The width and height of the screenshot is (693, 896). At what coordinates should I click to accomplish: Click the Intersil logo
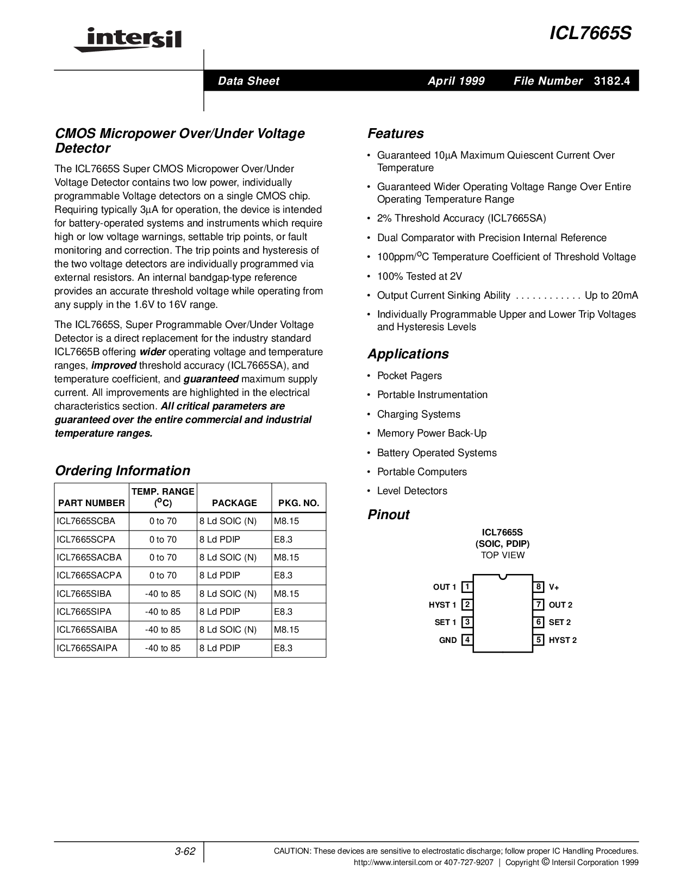click(x=128, y=40)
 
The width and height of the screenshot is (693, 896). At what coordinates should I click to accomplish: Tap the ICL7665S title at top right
click(x=590, y=34)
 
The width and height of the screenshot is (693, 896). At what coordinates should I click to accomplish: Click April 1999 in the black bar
click(x=455, y=81)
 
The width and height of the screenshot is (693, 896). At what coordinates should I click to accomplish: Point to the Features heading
click(x=395, y=134)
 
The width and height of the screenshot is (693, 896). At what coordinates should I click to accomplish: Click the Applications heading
click(x=408, y=354)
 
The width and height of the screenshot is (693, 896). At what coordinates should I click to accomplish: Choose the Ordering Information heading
click(x=122, y=471)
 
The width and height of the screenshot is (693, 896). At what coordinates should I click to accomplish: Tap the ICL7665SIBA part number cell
click(x=84, y=594)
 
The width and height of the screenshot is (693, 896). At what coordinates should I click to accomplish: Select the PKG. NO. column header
click(x=298, y=503)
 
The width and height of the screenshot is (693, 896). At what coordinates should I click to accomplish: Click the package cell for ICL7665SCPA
click(x=220, y=539)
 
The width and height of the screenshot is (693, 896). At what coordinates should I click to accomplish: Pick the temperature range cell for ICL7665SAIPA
click(x=163, y=648)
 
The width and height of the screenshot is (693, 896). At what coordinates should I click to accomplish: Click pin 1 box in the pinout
click(x=466, y=587)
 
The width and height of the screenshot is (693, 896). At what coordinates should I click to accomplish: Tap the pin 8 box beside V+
click(x=539, y=587)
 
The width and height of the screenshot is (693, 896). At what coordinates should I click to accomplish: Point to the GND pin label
click(x=448, y=640)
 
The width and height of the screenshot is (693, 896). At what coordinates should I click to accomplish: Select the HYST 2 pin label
click(x=563, y=640)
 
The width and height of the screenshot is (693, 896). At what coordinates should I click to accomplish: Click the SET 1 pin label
click(x=445, y=622)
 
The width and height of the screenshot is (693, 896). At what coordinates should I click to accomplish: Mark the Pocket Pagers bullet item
click(x=409, y=376)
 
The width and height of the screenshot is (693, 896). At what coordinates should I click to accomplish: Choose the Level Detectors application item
click(x=412, y=491)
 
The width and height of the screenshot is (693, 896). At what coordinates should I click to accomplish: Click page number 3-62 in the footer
click(x=185, y=851)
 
